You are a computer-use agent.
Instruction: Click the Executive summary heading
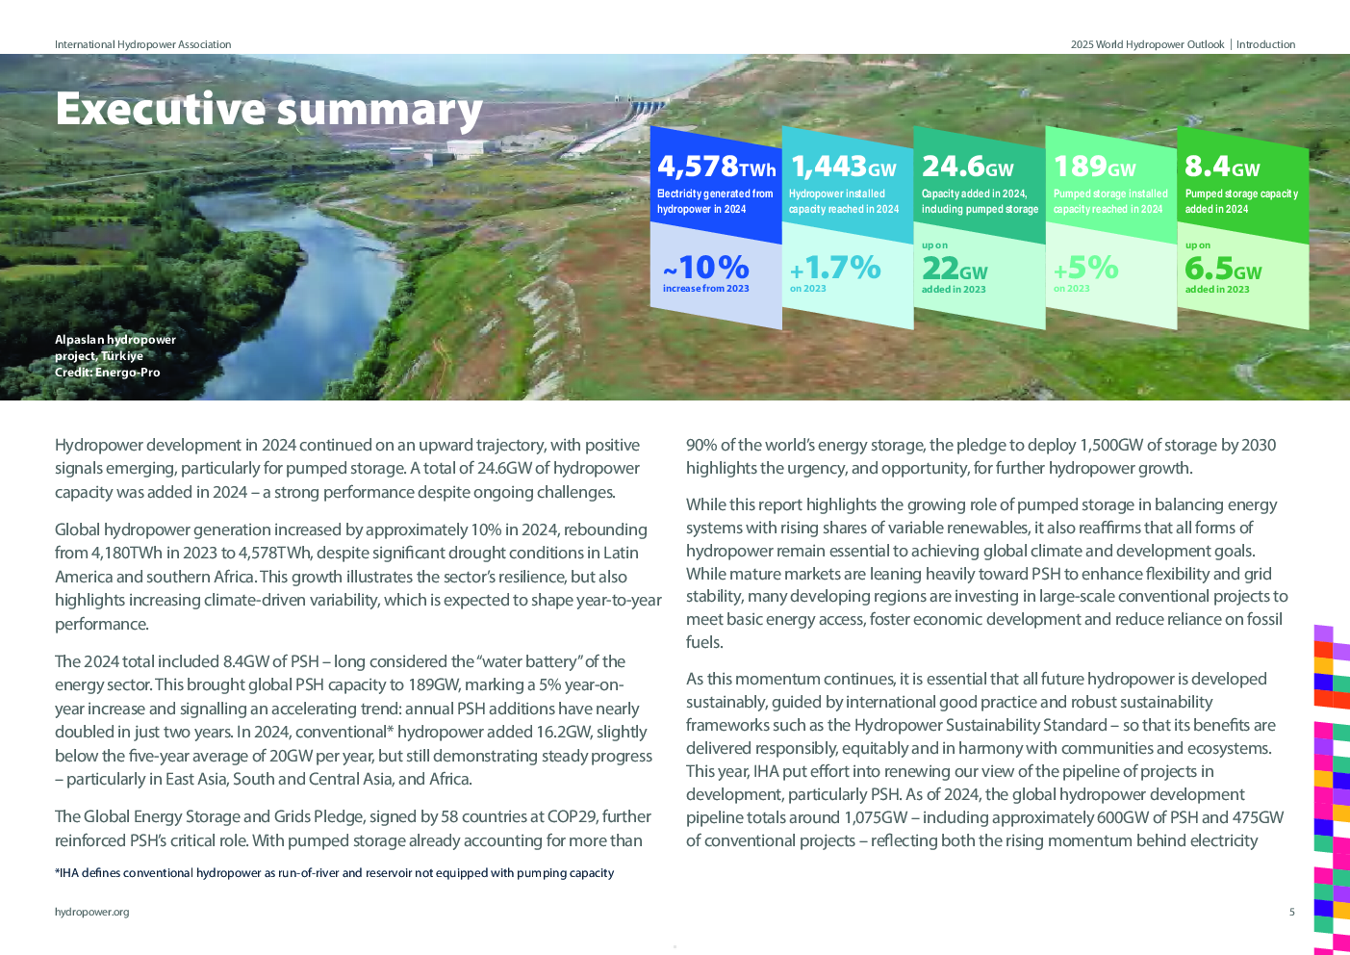tap(268, 109)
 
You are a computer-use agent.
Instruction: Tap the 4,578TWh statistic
tap(716, 167)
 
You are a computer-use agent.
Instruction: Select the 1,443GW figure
tap(843, 167)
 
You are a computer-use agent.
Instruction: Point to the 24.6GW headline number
tap(967, 167)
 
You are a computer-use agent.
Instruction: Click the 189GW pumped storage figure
tap(1094, 167)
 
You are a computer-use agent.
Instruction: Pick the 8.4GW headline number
tap(1222, 167)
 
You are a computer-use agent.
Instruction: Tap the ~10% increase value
tap(706, 267)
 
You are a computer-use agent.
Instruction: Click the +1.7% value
tap(835, 267)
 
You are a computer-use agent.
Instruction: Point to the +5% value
tap(1086, 267)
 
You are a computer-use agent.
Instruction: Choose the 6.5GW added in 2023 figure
tap(1223, 268)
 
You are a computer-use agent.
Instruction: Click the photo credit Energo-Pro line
tap(108, 373)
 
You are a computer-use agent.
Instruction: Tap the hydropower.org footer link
tap(91, 912)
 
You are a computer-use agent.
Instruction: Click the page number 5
tap(1291, 912)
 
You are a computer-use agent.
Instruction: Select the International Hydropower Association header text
tap(142, 44)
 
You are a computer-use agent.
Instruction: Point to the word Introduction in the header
tap(1265, 44)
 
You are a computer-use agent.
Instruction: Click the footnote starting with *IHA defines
tap(334, 873)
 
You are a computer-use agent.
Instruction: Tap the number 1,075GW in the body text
tap(876, 817)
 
